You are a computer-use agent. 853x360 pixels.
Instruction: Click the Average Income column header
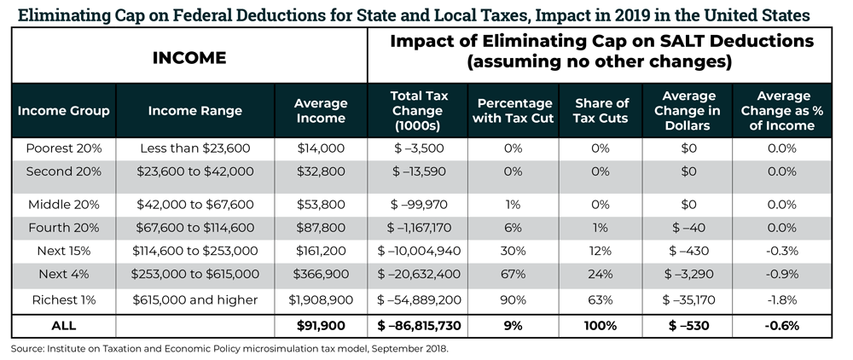321,111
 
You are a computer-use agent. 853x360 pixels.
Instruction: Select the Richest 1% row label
64,299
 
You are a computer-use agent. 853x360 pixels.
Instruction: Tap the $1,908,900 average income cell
321,299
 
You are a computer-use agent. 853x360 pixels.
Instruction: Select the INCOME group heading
189,58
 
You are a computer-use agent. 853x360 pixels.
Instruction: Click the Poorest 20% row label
64,148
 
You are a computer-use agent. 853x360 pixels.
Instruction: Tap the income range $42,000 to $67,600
195,205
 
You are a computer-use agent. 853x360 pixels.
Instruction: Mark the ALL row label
64,325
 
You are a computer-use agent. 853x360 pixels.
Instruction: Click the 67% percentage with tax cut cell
514,274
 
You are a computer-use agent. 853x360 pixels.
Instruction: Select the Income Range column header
195,111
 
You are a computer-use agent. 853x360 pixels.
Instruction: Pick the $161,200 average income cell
321,251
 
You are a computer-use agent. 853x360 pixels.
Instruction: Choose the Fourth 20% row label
64,228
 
